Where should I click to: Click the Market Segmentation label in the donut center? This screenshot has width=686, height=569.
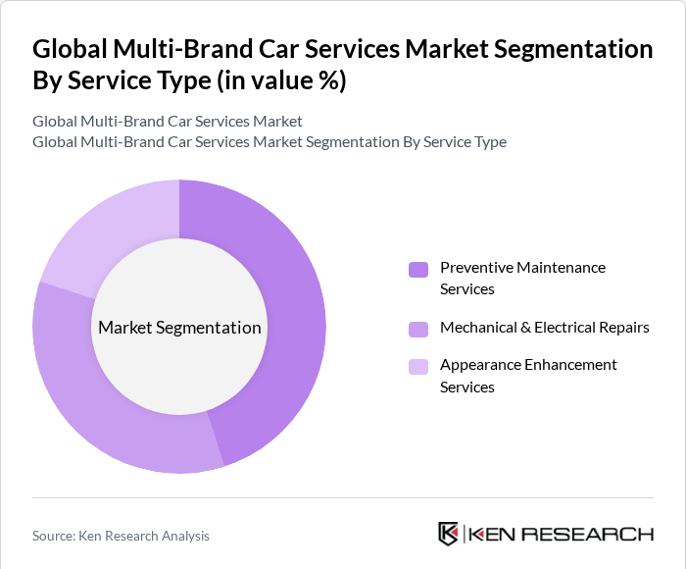pyautogui.click(x=179, y=328)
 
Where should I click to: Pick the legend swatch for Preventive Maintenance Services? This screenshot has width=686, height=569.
pyautogui.click(x=418, y=269)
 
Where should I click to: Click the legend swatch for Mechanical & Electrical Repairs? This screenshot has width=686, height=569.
pyautogui.click(x=418, y=328)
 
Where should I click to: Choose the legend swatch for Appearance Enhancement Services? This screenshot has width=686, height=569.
pyautogui.click(x=418, y=366)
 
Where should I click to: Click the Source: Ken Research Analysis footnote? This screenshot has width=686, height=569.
pyautogui.click(x=121, y=536)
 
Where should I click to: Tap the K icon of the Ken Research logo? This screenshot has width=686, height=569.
pyautogui.click(x=449, y=534)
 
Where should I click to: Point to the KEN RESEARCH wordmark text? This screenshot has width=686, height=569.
pyautogui.click(x=562, y=535)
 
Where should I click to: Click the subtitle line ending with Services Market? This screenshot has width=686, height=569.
pyautogui.click(x=168, y=122)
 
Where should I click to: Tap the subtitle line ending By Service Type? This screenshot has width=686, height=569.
pyautogui.click(x=269, y=142)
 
